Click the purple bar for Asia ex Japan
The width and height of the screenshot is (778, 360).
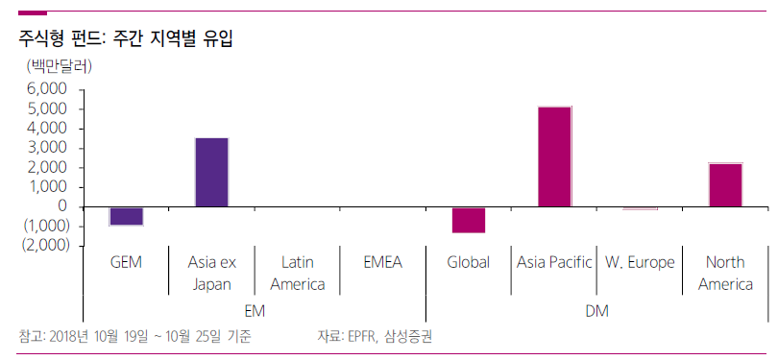pos(211,172)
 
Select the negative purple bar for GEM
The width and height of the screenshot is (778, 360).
pos(126,216)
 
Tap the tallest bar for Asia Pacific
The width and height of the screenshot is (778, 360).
pos(554,156)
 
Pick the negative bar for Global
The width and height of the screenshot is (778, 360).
pos(469,220)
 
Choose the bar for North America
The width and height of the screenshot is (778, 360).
pos(725,184)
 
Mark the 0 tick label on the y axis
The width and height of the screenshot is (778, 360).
pos(62,206)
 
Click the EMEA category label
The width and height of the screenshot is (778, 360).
pos(383,262)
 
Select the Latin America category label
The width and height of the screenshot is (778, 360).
pos(298,273)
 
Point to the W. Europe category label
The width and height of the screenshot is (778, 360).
pos(640,262)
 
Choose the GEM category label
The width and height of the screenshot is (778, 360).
pos(126,262)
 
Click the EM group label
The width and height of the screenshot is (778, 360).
pos(255,311)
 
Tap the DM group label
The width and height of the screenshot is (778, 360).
pos(596,311)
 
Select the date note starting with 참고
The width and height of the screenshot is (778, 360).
pos(134,336)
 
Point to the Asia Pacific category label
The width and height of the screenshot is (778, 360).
pos(554,262)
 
